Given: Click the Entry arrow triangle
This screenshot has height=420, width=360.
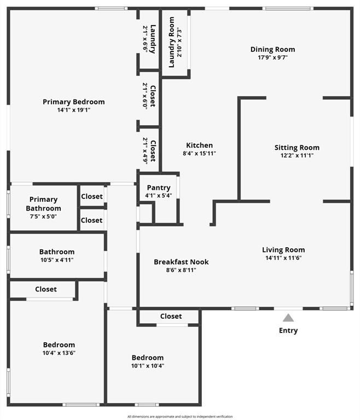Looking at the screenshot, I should (x=288, y=318).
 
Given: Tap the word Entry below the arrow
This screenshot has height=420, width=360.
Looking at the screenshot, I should (x=288, y=330).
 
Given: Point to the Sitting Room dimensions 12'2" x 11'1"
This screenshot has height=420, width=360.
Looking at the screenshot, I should (x=297, y=155).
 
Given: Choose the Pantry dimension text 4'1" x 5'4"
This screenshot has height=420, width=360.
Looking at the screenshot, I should (x=159, y=195).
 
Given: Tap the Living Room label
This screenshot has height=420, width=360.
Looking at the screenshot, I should (x=283, y=250).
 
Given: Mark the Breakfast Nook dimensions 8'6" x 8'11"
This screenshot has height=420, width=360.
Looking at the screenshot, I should (x=181, y=270).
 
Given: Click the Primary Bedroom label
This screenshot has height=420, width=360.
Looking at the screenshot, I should (x=74, y=102).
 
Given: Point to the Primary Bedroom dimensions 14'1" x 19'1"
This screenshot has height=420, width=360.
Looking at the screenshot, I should (x=74, y=109).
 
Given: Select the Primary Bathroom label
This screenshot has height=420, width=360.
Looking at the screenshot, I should (x=43, y=204).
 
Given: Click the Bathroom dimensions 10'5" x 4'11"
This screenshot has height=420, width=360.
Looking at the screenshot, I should (x=56, y=260).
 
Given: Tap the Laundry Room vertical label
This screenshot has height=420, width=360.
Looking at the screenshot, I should (x=171, y=42).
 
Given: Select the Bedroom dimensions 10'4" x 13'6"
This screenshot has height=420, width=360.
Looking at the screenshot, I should (x=59, y=353).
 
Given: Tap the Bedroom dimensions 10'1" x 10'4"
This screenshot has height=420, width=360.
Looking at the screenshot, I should (x=147, y=365).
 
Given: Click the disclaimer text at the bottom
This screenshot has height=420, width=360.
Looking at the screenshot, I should (x=180, y=416).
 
